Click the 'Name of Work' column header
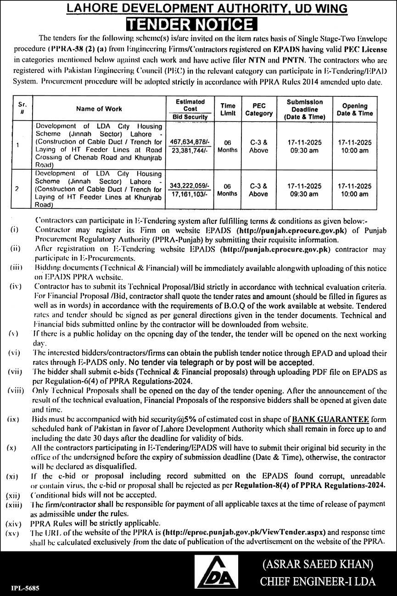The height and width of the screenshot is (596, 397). click(x=99, y=109)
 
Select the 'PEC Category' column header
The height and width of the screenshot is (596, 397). click(x=259, y=109)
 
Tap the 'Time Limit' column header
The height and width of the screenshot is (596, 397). click(x=228, y=109)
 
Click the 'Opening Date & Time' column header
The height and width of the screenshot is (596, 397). click(x=355, y=109)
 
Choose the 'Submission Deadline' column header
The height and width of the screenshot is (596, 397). click(x=305, y=109)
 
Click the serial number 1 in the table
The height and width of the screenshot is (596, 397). click(x=17, y=145)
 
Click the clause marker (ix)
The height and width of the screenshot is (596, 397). click(x=13, y=419)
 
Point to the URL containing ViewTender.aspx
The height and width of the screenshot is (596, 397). click(x=245, y=533)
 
